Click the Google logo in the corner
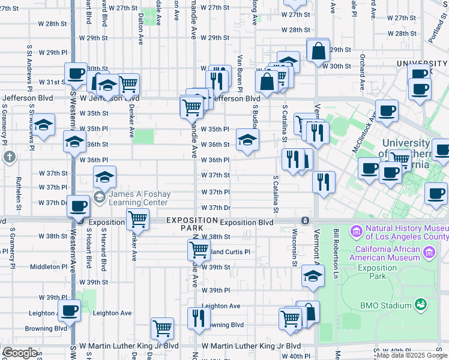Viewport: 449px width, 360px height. [x=20, y=353]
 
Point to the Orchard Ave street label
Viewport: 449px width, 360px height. [x=363, y=71]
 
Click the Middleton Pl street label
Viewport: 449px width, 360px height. [x=49, y=266]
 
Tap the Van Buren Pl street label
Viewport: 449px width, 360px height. [x=240, y=73]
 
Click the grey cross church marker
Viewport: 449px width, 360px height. [x=9, y=157]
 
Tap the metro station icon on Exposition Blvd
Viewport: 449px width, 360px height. [x=306, y=221]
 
